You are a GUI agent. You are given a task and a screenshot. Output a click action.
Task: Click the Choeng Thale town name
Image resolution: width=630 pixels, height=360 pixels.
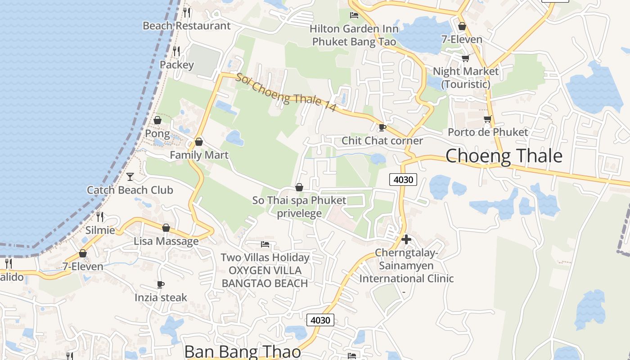[x=504, y=156]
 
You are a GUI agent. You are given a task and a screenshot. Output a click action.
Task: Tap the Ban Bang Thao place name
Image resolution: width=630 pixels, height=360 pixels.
[x=243, y=351]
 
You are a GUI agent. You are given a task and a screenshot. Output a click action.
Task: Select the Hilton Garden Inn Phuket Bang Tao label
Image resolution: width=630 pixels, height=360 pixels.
[x=354, y=36]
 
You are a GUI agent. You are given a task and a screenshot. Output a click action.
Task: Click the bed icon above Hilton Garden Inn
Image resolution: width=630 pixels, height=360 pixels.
[x=354, y=15]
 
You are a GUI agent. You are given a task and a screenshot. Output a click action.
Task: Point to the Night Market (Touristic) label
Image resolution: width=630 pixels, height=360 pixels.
[x=465, y=77]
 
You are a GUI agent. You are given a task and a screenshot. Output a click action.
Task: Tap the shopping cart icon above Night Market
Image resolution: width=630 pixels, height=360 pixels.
[x=465, y=58]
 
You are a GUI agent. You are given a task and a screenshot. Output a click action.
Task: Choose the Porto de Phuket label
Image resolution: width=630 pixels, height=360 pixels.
[x=487, y=132]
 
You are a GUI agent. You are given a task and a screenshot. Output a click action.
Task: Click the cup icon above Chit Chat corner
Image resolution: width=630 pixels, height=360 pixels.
[x=382, y=128]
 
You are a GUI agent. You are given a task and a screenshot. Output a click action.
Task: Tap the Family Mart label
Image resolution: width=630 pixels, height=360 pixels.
[x=199, y=155]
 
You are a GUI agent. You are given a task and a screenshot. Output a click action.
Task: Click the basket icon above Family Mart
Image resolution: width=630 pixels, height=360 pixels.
[x=199, y=142]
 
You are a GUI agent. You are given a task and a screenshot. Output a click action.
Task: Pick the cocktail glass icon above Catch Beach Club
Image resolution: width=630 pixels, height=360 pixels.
[x=130, y=177]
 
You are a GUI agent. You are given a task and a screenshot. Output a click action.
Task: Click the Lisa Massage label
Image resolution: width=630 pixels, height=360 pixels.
[x=166, y=241]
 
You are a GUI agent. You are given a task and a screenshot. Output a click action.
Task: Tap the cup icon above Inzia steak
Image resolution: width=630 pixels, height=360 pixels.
[x=161, y=284]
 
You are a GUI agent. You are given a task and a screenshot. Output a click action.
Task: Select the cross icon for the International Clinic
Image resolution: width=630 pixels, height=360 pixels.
[x=406, y=239]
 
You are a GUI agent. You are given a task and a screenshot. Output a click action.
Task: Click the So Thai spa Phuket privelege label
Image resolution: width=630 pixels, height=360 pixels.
[x=299, y=207]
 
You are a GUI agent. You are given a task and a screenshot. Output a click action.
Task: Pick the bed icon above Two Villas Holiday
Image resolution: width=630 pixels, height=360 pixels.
[x=265, y=244]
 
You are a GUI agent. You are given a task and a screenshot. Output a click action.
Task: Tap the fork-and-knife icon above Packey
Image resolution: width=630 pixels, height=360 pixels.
[x=176, y=51]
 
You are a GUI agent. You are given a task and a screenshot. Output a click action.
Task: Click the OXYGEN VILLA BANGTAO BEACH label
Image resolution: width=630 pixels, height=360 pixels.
[x=265, y=277]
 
